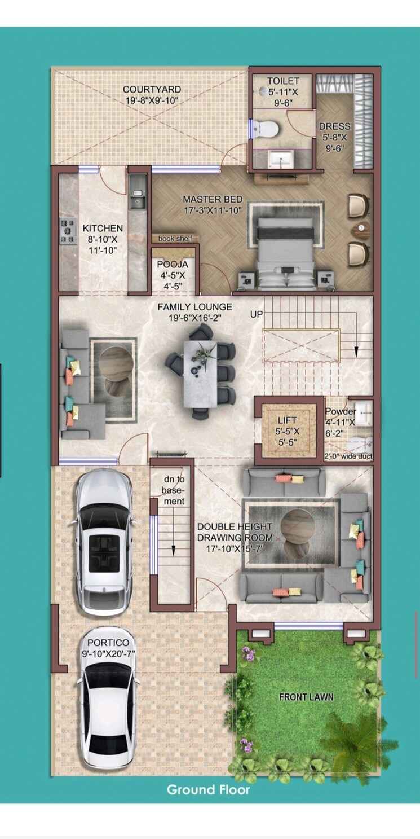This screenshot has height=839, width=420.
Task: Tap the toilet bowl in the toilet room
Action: pos(266,129)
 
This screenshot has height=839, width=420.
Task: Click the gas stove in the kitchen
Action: pos(68,231)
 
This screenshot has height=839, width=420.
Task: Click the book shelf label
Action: pos(175,239)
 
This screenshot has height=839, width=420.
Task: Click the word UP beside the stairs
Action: pos(257,314)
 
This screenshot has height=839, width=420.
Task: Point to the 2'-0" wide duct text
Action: pos(348,456)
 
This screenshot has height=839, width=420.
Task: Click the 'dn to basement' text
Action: pos(173,490)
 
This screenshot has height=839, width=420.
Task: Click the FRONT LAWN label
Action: pos(306,697)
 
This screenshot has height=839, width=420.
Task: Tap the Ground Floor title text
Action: pos(208,789)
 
